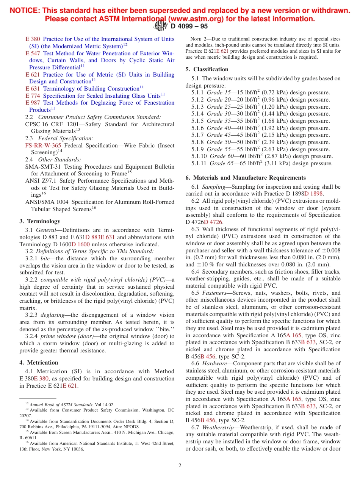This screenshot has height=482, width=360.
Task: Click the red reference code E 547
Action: (x=33, y=53)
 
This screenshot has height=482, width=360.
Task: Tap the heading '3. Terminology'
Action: (x=40, y=221)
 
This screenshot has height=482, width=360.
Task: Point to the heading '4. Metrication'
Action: (x=39, y=363)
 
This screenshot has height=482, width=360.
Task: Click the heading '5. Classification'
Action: (x=207, y=69)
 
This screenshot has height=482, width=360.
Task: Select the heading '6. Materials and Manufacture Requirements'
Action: (x=246, y=178)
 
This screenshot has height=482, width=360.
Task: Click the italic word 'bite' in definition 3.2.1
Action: (x=45, y=258)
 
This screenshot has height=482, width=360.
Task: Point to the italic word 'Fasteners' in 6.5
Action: (x=214, y=293)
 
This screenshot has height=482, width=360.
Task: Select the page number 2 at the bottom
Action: (x=180, y=466)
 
